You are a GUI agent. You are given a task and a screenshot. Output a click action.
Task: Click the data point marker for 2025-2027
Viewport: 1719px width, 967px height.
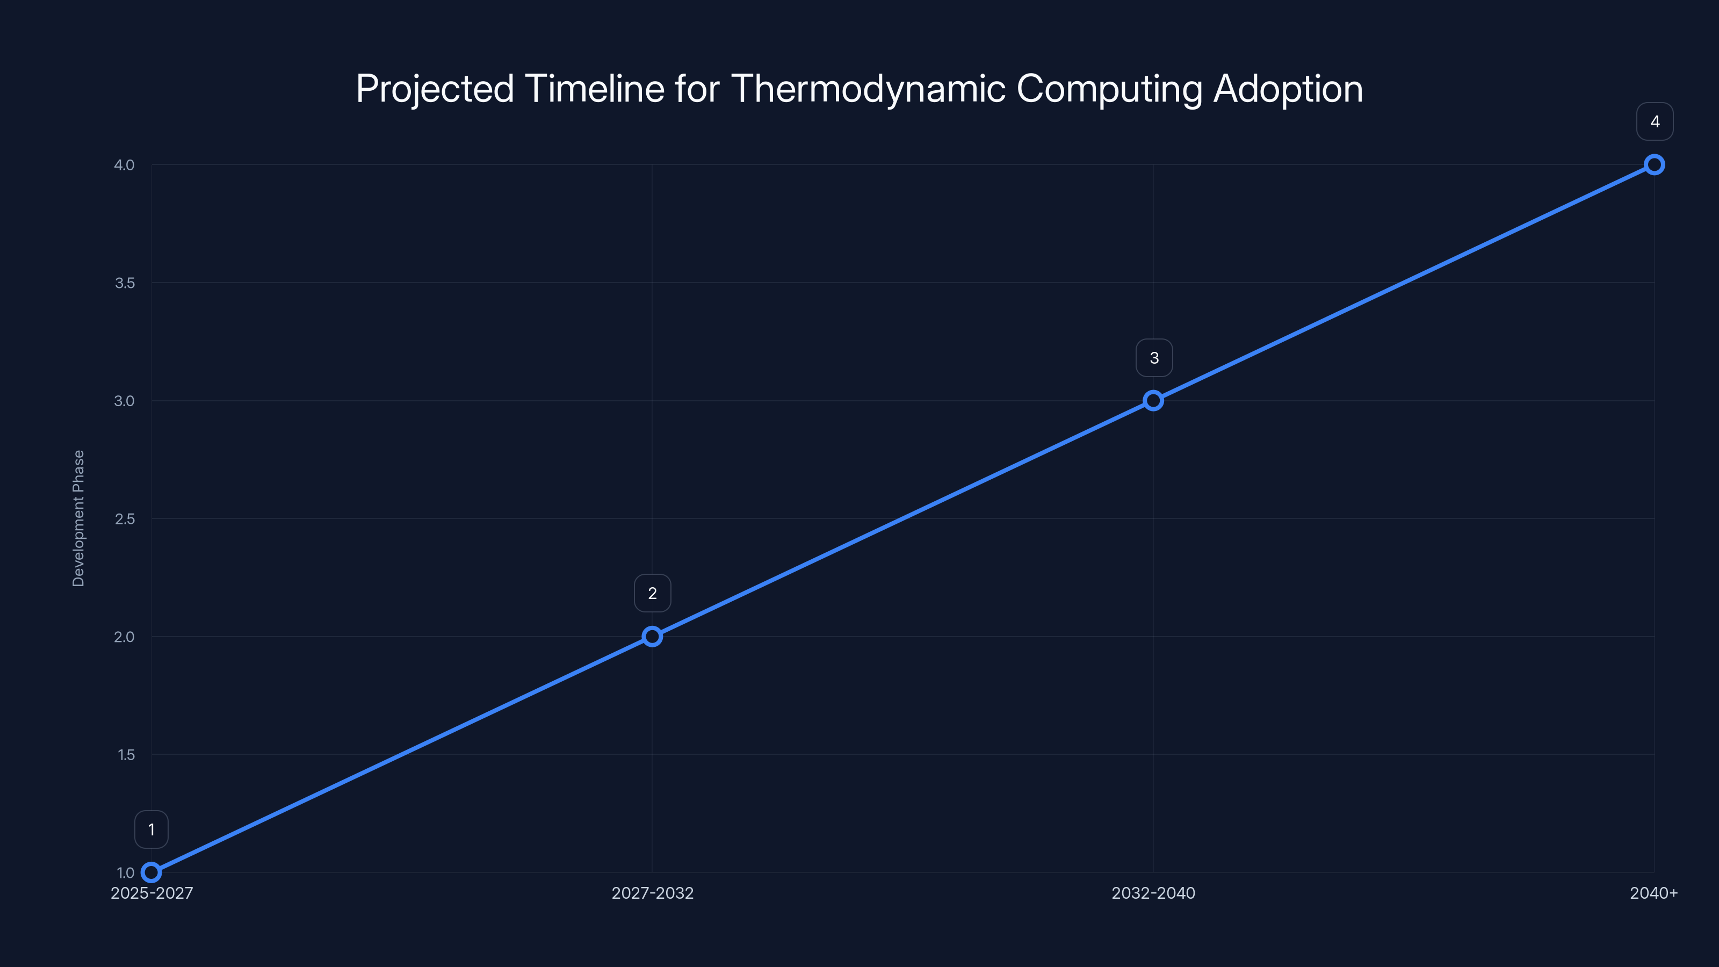click(x=151, y=872)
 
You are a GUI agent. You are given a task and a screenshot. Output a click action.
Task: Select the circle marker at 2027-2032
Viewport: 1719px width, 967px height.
click(x=652, y=637)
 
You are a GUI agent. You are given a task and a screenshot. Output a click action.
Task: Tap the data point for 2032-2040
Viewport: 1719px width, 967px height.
click(x=1153, y=400)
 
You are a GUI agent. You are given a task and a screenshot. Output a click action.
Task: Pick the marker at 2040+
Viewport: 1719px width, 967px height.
click(x=1655, y=165)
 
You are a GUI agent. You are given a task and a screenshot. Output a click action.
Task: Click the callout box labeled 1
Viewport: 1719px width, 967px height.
click(x=151, y=829)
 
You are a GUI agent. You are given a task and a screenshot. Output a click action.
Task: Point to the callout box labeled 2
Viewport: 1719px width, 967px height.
click(x=652, y=593)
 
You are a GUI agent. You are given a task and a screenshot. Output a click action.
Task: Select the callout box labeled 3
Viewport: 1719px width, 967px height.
click(x=1154, y=358)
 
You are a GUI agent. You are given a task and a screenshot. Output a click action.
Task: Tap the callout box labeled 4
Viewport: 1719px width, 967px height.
click(x=1655, y=121)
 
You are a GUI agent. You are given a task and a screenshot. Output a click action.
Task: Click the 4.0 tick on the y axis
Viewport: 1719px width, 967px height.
click(x=124, y=165)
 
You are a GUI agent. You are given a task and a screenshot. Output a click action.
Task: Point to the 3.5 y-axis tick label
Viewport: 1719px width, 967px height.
click(x=124, y=283)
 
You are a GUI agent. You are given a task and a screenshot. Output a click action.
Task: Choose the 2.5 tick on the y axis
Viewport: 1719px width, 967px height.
click(x=124, y=518)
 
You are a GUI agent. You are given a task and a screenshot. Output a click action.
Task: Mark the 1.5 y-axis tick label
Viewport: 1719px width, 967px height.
click(x=126, y=755)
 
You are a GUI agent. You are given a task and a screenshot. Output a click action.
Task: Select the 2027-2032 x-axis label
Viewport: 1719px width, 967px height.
click(x=652, y=893)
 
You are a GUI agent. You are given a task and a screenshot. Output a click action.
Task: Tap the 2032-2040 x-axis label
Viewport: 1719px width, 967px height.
click(x=1153, y=893)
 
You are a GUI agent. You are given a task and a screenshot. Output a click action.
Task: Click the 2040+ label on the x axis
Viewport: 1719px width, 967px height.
click(x=1653, y=893)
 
